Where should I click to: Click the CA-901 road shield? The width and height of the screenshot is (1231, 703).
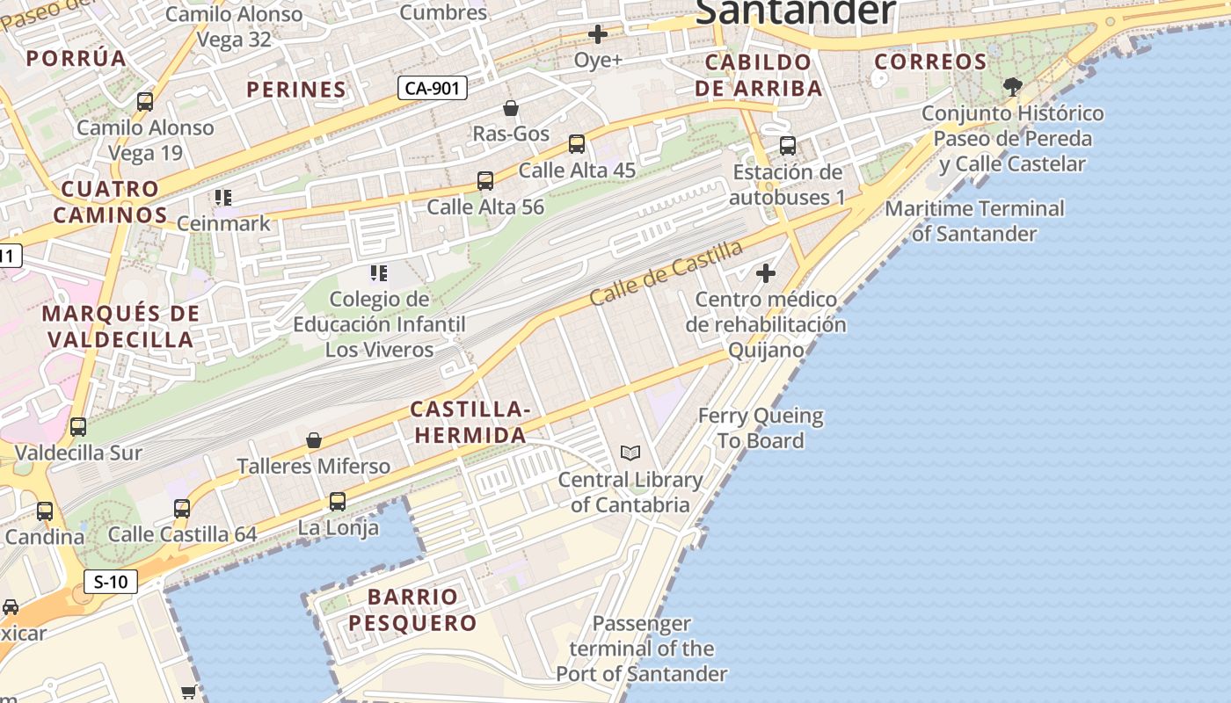(x=432, y=88)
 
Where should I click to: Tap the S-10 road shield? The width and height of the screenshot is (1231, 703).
(x=111, y=581)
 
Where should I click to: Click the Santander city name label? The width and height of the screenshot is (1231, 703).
(x=796, y=12)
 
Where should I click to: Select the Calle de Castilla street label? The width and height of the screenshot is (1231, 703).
(x=666, y=272)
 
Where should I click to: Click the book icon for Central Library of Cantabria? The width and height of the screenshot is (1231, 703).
(x=630, y=453)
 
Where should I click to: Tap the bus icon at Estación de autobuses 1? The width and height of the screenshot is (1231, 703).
(x=788, y=146)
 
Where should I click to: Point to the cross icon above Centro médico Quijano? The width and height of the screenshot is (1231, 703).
(x=766, y=273)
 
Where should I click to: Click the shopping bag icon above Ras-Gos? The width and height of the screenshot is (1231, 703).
(x=510, y=108)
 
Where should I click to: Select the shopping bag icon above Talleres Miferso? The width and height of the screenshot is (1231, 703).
(x=314, y=439)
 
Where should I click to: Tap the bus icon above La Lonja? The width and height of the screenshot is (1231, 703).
(x=338, y=502)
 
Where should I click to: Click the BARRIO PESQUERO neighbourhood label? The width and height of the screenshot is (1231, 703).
(x=412, y=610)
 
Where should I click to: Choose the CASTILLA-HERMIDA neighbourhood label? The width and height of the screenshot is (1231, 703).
(x=470, y=422)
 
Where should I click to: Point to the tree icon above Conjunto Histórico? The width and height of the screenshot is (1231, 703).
(x=1013, y=86)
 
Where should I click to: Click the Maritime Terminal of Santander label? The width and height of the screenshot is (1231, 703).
(x=974, y=221)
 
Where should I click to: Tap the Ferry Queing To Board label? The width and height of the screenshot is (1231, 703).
(x=761, y=428)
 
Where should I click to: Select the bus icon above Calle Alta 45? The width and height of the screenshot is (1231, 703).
(x=577, y=143)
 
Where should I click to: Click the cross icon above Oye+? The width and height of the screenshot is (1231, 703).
(x=598, y=34)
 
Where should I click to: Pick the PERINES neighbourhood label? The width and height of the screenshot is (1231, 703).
(x=296, y=90)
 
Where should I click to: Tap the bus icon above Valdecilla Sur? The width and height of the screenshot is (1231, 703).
(x=78, y=427)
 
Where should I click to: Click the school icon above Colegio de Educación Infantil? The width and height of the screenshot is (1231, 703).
(x=379, y=273)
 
